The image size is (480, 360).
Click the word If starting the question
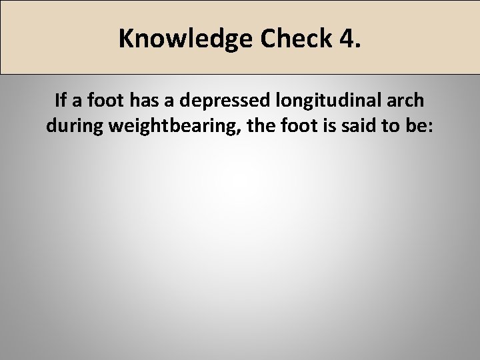(x=61, y=101)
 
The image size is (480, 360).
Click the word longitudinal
(x=339, y=101)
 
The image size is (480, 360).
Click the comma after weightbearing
(x=243, y=131)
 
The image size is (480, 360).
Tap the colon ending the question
(x=431, y=127)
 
